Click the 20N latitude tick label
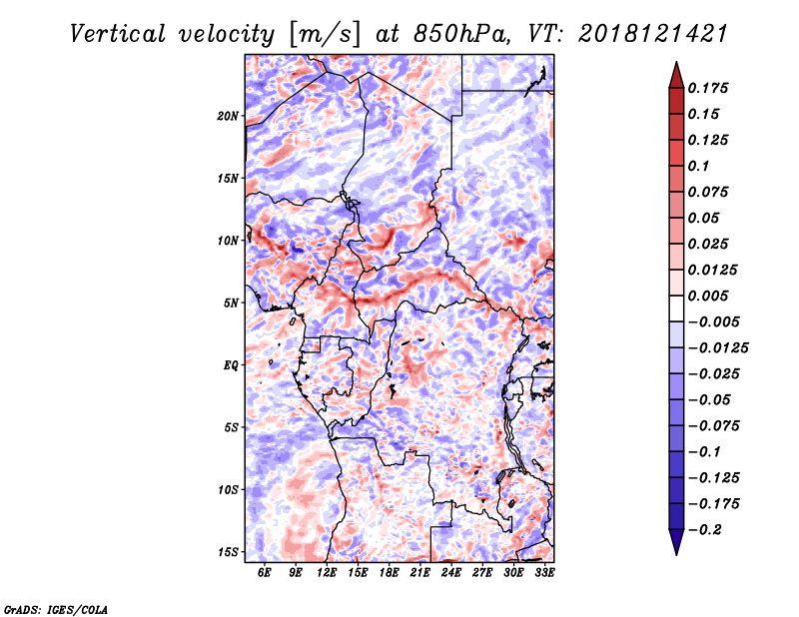pos(228,116)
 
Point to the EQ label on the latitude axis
pos(231,365)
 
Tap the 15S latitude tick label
pos(228,552)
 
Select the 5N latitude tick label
pos(231,304)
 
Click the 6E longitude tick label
pos(264,572)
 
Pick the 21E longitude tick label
pos(419,572)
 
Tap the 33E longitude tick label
pos(544,572)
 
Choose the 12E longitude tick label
pos(327,572)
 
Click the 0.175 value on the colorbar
pos(708,88)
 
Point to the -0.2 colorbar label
pos(705,530)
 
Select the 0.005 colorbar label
pos(708,296)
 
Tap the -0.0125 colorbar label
pos(719,348)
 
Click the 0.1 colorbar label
pos(698,166)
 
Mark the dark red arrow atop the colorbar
pos(676,75)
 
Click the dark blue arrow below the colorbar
pos(676,542)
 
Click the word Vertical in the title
pos(118,34)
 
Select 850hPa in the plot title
pos(460,34)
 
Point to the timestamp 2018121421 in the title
pos(653,34)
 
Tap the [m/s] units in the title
pos(325,35)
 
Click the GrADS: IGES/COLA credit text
pos(56,609)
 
